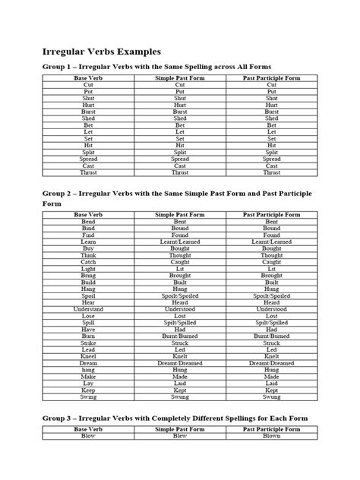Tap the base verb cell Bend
click(88, 222)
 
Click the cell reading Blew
click(180, 436)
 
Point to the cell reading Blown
click(272, 436)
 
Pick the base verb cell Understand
click(88, 309)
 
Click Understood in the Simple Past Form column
click(180, 309)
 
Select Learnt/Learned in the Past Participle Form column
click(272, 242)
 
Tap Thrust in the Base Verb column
click(88, 172)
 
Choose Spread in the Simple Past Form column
click(180, 159)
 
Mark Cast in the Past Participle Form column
click(272, 166)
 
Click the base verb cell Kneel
click(88, 355)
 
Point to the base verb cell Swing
click(88, 396)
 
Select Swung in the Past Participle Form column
click(272, 396)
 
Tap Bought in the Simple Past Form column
click(180, 248)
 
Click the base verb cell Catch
click(88, 262)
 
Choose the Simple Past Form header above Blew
click(180, 429)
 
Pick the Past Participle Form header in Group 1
click(272, 78)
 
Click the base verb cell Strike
click(88, 343)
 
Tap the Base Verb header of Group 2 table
click(88, 215)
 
